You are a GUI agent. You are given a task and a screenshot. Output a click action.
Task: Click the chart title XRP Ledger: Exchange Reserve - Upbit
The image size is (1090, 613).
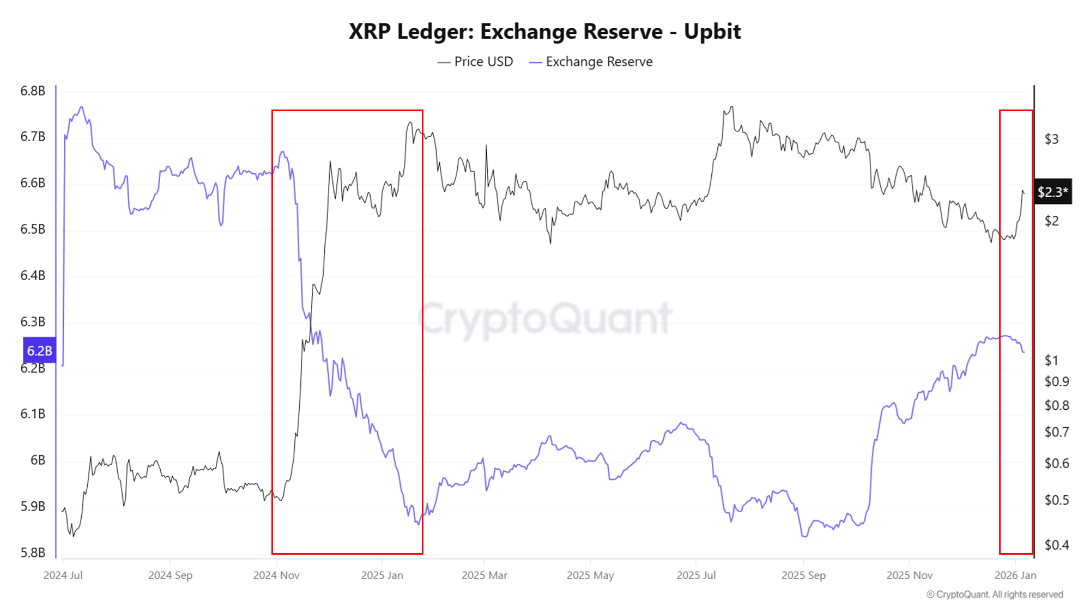pos(544,32)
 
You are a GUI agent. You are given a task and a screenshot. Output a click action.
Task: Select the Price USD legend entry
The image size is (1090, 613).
pos(475,62)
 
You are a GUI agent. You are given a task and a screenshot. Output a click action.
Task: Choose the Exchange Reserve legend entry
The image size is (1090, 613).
pos(591,62)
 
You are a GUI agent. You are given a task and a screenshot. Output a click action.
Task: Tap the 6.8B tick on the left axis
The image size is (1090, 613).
pos(33,91)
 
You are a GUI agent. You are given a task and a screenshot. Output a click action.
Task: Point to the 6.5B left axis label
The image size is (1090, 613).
pos(33,229)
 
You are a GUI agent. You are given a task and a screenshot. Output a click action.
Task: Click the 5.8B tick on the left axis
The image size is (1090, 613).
pos(33,553)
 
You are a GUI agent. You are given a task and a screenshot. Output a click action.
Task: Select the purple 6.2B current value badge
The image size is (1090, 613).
pos(39,350)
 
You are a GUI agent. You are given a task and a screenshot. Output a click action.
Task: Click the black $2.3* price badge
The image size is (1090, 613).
pos(1052,192)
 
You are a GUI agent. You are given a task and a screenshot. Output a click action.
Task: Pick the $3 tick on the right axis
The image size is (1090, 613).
pos(1051,139)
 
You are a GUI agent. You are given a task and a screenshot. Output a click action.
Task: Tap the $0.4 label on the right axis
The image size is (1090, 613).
pos(1056,545)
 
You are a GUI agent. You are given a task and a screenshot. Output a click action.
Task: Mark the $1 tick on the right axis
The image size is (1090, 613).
pos(1051,360)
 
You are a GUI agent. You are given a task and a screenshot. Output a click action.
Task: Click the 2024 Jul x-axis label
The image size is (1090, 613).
pos(63,575)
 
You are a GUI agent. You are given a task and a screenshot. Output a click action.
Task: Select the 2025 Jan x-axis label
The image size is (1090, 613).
pos(382,575)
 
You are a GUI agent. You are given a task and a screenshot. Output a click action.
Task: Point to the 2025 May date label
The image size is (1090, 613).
pos(590,575)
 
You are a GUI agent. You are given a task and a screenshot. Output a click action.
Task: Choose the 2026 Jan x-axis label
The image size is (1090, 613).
pos(1015,575)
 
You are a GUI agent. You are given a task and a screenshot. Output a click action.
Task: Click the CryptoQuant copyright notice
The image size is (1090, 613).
pos(995,594)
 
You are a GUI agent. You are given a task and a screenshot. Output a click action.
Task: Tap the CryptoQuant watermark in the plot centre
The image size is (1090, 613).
pos(545,319)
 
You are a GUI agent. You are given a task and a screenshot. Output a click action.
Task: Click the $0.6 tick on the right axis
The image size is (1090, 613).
pos(1056,464)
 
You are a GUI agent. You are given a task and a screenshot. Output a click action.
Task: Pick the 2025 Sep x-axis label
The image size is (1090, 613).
pos(803,575)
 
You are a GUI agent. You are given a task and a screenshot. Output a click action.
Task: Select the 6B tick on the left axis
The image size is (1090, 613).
pos(38,460)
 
